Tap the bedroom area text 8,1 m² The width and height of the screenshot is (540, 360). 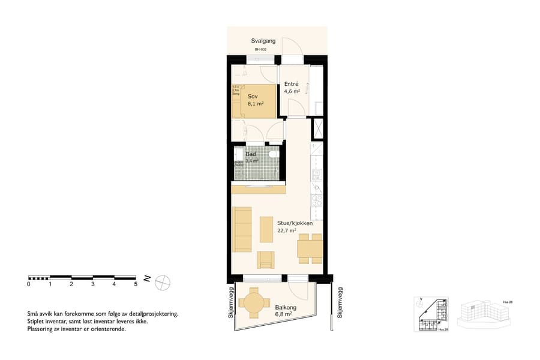point(256,103)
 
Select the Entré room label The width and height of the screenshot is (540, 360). point(292,84)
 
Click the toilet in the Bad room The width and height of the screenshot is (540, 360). point(273,156)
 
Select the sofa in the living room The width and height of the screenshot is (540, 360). point(242,229)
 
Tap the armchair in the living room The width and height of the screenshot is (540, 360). point(266,259)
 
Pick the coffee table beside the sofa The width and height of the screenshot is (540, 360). point(266,229)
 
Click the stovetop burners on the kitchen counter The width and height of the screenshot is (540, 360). point(317,201)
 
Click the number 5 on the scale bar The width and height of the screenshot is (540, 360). point(136,284)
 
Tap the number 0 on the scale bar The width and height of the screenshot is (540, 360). point(29,284)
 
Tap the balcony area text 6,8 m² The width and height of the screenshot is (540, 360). point(284,314)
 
